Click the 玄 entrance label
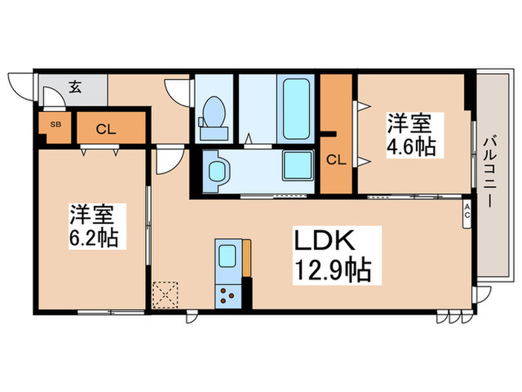[75, 87]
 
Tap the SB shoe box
[55, 125]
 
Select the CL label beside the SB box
[106, 128]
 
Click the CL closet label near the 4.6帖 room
[336, 159]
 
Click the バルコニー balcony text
[489, 171]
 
